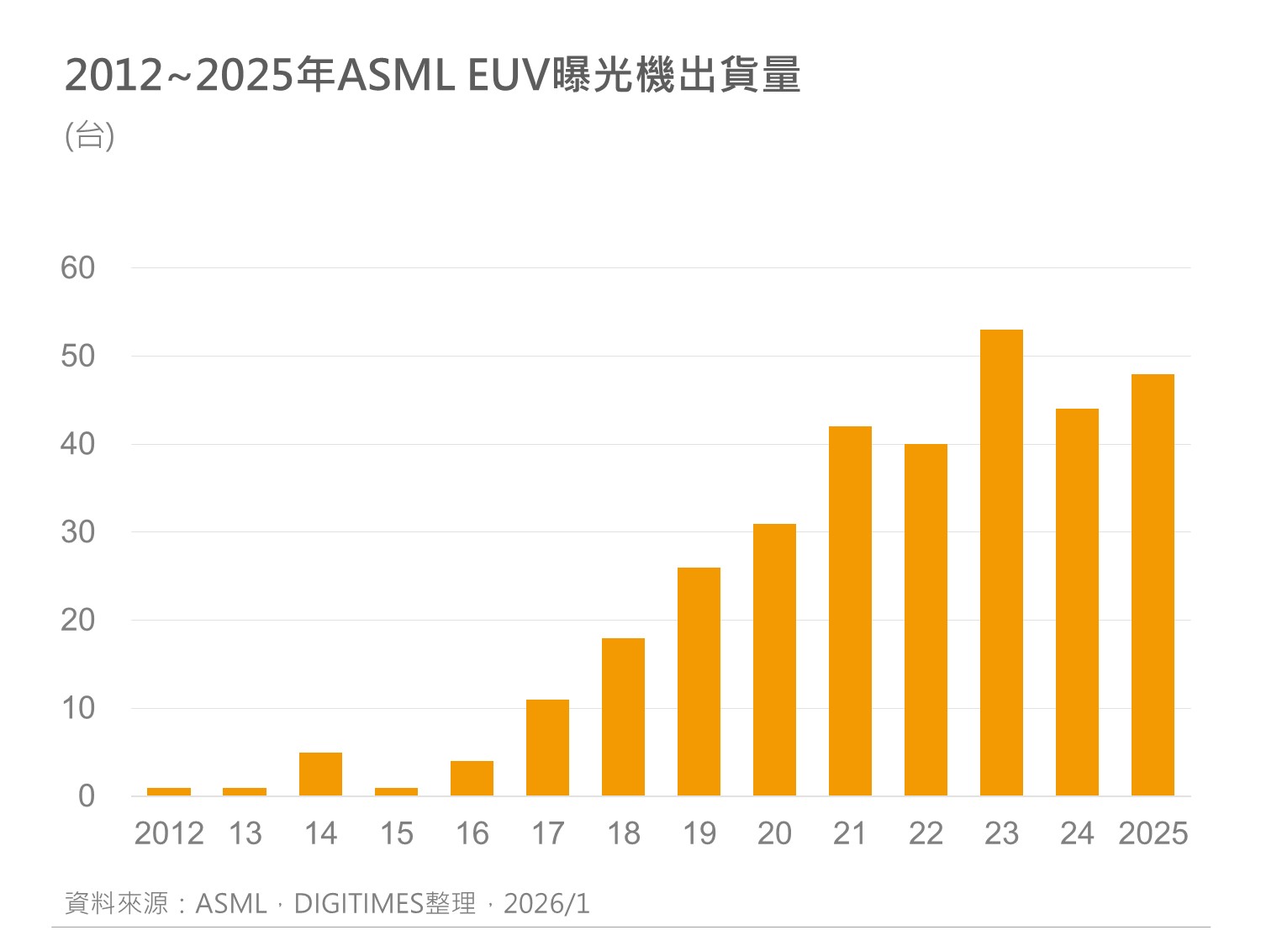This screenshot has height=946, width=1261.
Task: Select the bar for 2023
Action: click(x=1001, y=563)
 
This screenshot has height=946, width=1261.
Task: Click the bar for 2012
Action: click(x=169, y=791)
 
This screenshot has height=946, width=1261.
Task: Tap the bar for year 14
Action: click(x=320, y=774)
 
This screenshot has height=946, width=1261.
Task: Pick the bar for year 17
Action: click(x=547, y=748)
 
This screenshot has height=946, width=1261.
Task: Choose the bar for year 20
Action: click(x=774, y=659)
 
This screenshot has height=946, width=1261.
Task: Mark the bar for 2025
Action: click(x=1153, y=584)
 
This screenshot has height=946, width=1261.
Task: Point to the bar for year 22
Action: click(x=926, y=620)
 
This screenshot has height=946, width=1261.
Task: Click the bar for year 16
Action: click(x=472, y=778)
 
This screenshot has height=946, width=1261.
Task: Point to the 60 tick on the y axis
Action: click(x=77, y=268)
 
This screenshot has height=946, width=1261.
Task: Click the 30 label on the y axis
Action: click(x=77, y=532)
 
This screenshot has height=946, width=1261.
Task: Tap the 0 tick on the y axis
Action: click(x=86, y=796)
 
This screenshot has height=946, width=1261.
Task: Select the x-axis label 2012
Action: click(x=169, y=833)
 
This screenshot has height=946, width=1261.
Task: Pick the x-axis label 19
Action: click(x=699, y=833)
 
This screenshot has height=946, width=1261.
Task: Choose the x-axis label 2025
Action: click(x=1153, y=833)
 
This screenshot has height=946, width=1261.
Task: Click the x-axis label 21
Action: click(x=850, y=833)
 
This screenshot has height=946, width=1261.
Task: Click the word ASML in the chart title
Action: click(x=395, y=76)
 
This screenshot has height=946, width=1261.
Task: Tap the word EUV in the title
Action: click(x=509, y=76)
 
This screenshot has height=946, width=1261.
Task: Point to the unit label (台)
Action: click(x=90, y=135)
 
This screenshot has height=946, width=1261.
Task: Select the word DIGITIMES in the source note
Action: click(x=358, y=904)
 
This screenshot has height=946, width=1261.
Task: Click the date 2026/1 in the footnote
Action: click(x=546, y=904)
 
